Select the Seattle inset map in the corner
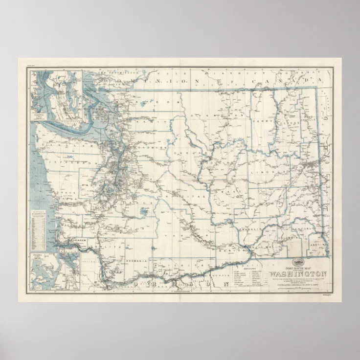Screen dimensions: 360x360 (55, 95)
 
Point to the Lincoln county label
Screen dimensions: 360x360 (265, 172)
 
